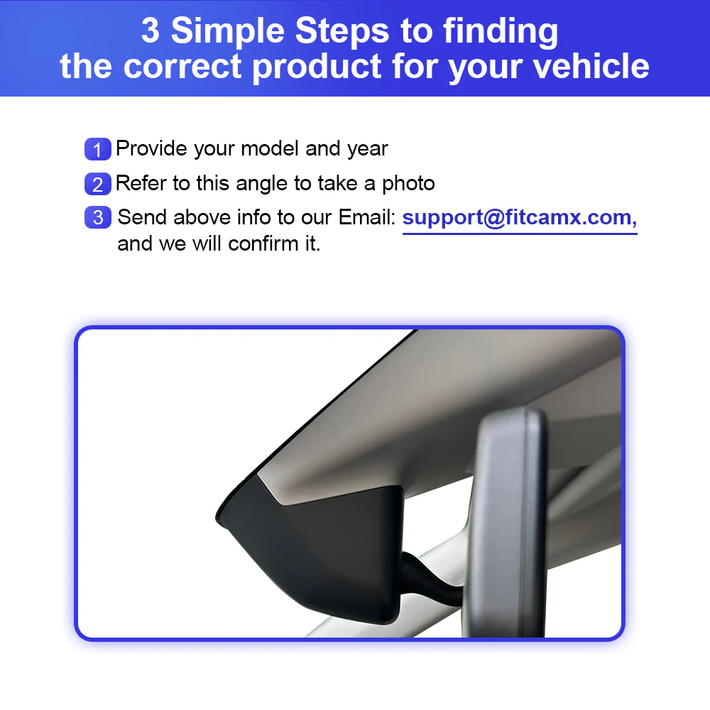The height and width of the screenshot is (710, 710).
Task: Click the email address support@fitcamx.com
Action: tap(520, 218)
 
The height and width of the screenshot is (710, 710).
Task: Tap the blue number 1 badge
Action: tap(98, 149)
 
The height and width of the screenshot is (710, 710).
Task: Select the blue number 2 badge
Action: tap(98, 184)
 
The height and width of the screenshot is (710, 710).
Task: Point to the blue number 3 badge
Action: tap(98, 217)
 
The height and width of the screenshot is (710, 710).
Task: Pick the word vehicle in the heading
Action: tap(591, 66)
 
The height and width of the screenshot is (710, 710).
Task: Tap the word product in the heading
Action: tap(317, 67)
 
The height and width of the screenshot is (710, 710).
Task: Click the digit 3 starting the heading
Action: tap(151, 31)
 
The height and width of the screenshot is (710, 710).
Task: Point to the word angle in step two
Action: tap(262, 185)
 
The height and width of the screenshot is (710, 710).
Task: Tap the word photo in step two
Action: tap(408, 185)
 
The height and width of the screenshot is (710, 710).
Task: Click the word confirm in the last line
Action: tap(263, 244)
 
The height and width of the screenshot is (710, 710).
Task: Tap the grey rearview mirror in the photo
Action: tap(507, 520)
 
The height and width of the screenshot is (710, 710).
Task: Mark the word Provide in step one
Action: tap(151, 148)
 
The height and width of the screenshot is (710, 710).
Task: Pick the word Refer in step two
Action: tap(141, 183)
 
